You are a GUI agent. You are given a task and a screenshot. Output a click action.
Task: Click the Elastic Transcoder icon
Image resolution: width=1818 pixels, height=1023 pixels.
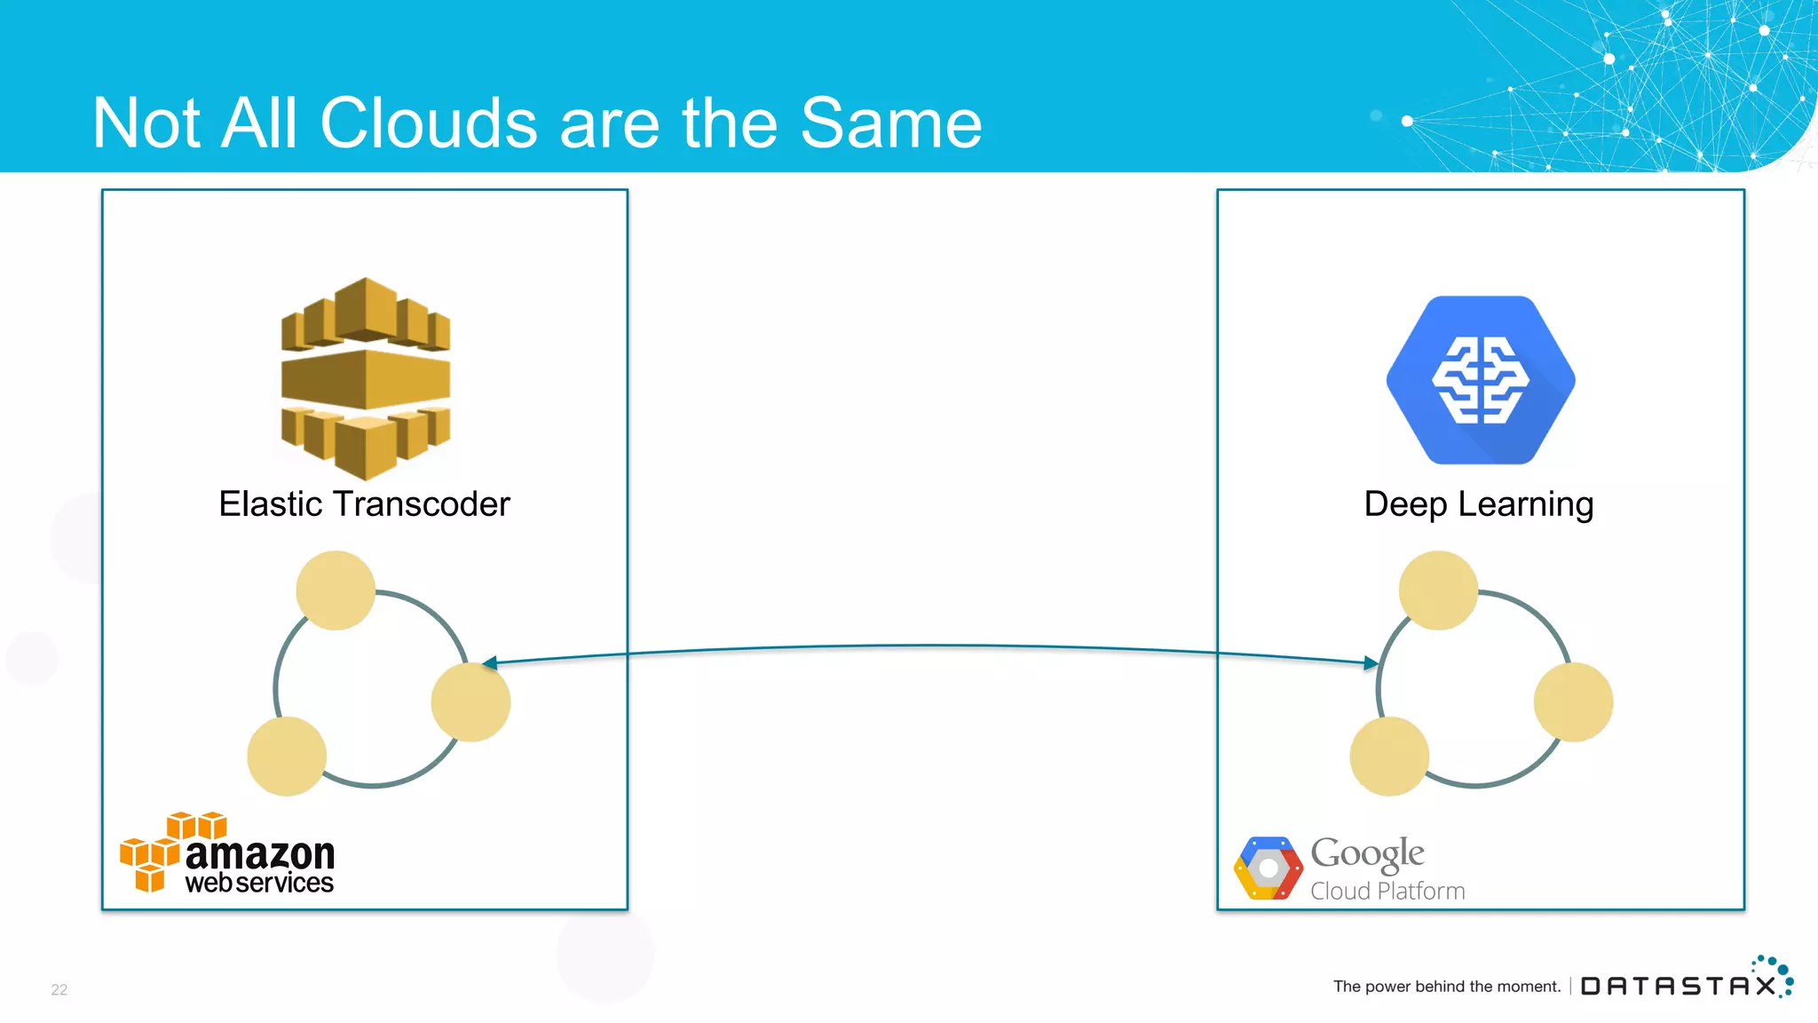[x=366, y=378]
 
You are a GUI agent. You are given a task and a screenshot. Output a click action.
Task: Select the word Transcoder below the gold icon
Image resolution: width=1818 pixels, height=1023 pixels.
[x=422, y=504]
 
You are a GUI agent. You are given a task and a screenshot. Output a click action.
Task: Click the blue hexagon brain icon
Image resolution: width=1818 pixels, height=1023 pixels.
[x=1480, y=380]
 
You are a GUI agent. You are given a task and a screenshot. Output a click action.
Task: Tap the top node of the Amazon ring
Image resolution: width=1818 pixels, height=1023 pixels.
[x=336, y=591]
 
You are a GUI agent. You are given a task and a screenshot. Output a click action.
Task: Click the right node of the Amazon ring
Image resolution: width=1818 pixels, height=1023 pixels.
[x=470, y=702]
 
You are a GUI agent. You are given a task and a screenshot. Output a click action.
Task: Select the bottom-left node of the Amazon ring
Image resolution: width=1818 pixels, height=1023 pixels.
[x=287, y=757]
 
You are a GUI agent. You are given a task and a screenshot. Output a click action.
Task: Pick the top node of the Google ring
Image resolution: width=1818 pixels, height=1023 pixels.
[x=1438, y=591]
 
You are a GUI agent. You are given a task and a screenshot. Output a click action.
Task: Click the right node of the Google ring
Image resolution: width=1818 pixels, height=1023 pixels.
[x=1573, y=702]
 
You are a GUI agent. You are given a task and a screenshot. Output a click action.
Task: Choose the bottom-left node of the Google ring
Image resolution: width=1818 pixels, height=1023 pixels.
[x=1389, y=757]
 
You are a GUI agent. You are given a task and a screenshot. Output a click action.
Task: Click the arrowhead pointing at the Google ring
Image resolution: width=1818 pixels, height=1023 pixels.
[x=1371, y=662]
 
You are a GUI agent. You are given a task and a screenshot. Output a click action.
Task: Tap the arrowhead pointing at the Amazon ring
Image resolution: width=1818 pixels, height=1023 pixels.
[x=489, y=662]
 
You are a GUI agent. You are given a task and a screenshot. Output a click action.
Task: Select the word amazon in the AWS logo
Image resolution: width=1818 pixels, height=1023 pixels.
[x=260, y=853]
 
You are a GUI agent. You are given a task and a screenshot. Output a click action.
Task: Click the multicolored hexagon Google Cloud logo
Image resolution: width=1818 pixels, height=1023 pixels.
[x=1269, y=868]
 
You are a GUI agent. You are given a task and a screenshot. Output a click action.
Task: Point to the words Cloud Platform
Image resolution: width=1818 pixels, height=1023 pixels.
[x=1387, y=891]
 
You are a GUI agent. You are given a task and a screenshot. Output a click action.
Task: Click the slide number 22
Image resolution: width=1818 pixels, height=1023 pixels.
[x=59, y=989]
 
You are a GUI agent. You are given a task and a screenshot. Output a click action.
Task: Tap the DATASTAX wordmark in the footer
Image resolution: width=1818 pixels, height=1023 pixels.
[x=1678, y=986]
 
